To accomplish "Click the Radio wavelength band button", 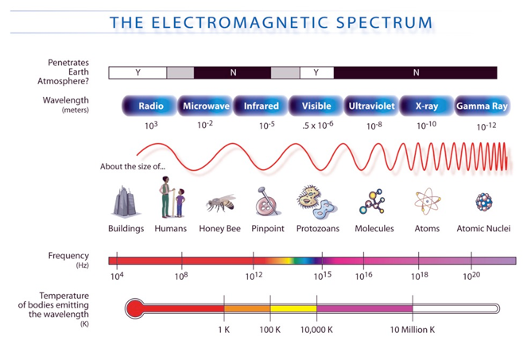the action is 149,106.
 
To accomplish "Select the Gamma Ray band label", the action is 482,106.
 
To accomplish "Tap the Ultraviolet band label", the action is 371,106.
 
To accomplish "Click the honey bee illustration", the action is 220,203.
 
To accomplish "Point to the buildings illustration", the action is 126,202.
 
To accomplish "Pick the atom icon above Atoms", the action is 428,201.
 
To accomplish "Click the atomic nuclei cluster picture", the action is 484,202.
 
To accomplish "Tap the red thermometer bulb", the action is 135,308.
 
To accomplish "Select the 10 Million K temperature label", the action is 412,330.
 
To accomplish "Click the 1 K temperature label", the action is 224,330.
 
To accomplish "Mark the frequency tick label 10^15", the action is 323,276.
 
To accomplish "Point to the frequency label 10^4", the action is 117,276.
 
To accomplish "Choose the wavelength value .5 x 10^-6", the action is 318,125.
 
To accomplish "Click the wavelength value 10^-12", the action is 486,126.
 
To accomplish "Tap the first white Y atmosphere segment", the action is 138,72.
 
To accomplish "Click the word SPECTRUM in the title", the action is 385,23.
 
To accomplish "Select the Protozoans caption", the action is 318,229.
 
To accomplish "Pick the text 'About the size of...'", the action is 133,166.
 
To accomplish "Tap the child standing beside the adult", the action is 180,203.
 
